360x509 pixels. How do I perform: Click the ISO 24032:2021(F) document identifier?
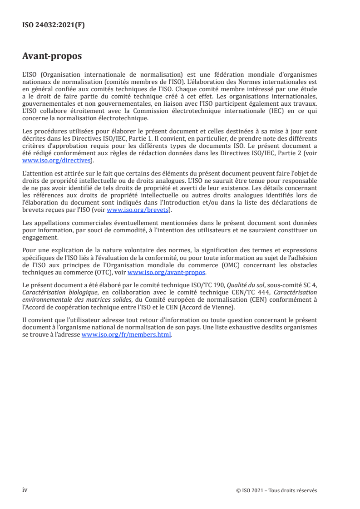tap(54, 25)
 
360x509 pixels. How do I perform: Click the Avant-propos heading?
tap(52, 57)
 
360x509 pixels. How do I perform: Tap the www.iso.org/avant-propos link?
tap(167, 273)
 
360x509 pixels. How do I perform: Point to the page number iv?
tap(25, 490)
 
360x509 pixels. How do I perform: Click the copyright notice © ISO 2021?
tap(254, 490)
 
